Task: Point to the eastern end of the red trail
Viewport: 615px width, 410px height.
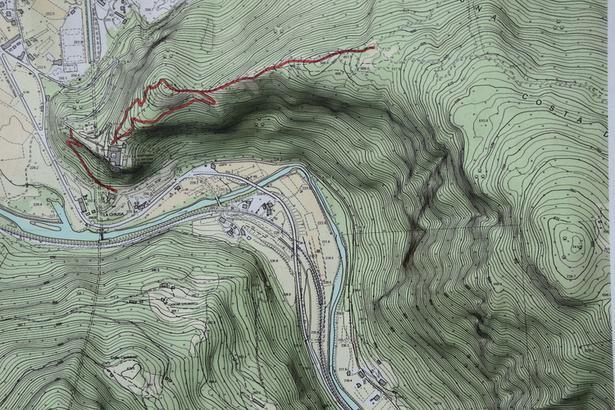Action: point(374,48)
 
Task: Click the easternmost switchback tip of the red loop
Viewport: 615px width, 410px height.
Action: point(214,100)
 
